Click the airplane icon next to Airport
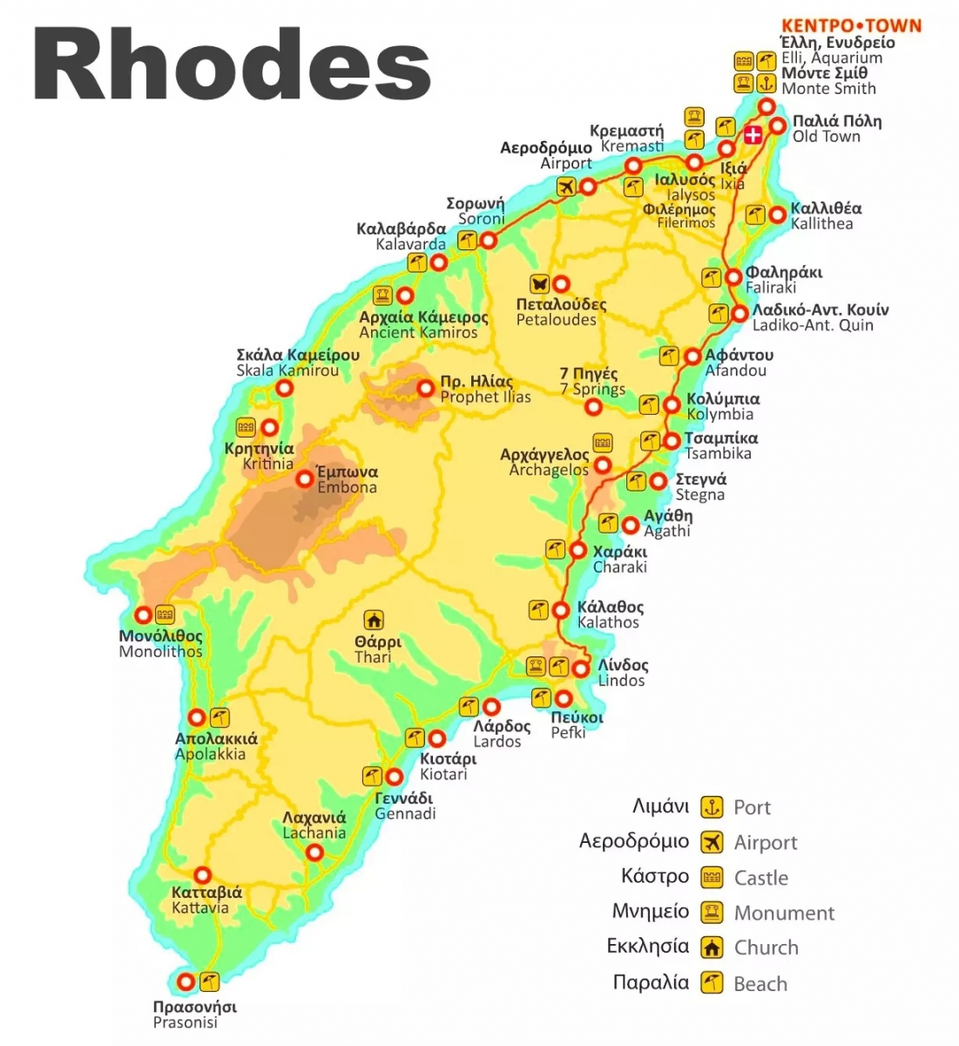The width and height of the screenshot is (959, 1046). pos(565,187)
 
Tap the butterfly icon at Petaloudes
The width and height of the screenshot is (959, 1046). pos(539,284)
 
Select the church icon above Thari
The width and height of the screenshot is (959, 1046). pos(374,621)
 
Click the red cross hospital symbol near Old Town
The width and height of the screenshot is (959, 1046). pos(753,135)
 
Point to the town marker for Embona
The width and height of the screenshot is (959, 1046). pos(304,479)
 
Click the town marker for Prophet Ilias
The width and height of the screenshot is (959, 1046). pos(425,389)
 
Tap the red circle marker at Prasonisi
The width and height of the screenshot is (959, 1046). pos(186,981)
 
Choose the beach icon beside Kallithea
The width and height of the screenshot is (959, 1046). pos(755,214)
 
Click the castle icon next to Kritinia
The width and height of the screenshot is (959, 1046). pos(246,427)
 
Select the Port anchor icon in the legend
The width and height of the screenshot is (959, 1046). pos(712,807)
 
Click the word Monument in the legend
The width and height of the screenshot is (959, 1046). pos(784,913)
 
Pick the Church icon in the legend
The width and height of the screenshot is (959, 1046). pos(712,948)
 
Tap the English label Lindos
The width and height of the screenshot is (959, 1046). pos(621,681)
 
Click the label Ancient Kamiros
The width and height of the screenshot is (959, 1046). pos(418,332)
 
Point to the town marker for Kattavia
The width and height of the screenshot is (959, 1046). pos(202,875)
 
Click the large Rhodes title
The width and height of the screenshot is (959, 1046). pos(232,66)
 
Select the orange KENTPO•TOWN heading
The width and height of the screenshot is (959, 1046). pos(850,25)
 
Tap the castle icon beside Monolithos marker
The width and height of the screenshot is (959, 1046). pos(165,615)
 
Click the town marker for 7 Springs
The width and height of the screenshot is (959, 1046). pos(593,408)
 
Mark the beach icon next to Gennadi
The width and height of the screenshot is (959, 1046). pos(372,776)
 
